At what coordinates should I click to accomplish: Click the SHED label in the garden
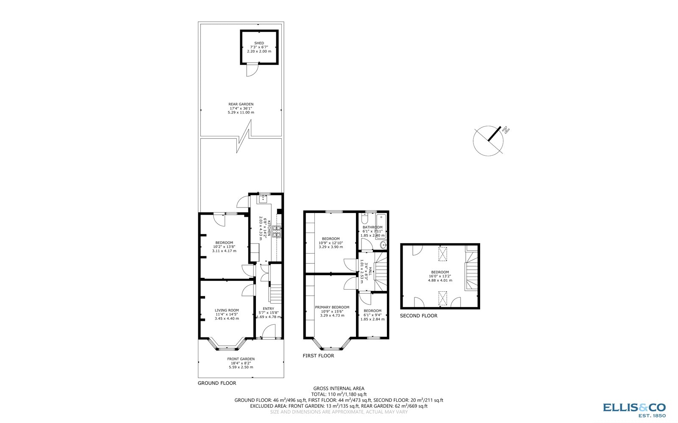259,43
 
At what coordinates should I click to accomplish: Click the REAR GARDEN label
241,104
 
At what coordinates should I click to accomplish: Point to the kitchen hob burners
276,231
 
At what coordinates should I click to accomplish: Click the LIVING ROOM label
227,310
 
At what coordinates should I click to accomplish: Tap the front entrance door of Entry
269,332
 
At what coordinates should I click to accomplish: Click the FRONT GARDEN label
241,359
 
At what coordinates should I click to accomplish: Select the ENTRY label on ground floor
268,309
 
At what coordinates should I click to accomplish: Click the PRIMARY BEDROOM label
332,307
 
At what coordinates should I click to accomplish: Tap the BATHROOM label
372,227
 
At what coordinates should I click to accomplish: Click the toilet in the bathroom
364,219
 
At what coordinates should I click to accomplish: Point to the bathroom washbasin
383,245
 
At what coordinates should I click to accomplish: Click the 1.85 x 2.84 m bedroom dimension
372,319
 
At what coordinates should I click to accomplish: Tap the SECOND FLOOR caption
419,316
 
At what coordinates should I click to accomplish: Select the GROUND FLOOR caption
217,383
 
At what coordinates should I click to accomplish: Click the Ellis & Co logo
634,409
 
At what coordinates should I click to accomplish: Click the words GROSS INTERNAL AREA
339,388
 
